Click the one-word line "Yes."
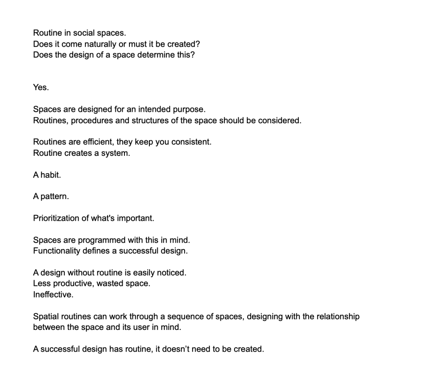point(41,87)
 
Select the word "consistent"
point(190,142)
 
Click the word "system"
point(116,153)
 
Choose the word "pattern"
point(55,197)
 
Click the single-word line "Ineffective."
point(53,294)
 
